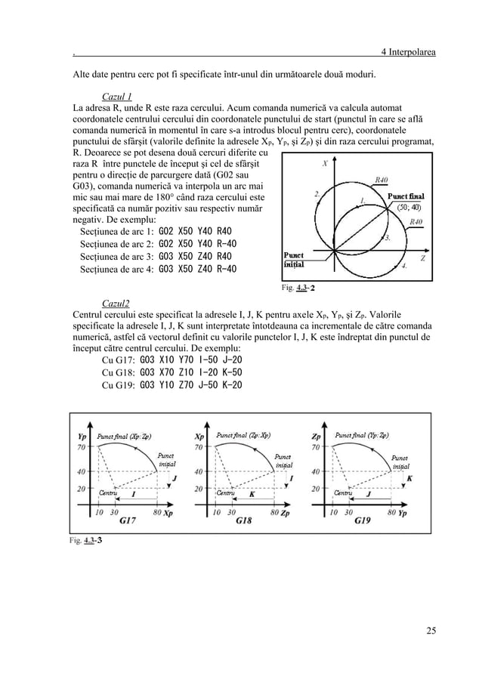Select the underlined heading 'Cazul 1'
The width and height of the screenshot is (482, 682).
coord(117,96)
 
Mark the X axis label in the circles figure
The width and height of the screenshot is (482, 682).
coord(324,162)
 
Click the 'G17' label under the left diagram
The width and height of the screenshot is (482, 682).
coord(128,521)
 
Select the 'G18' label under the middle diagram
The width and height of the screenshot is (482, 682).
coord(244,521)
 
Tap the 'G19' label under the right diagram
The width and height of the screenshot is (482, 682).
coord(362,521)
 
